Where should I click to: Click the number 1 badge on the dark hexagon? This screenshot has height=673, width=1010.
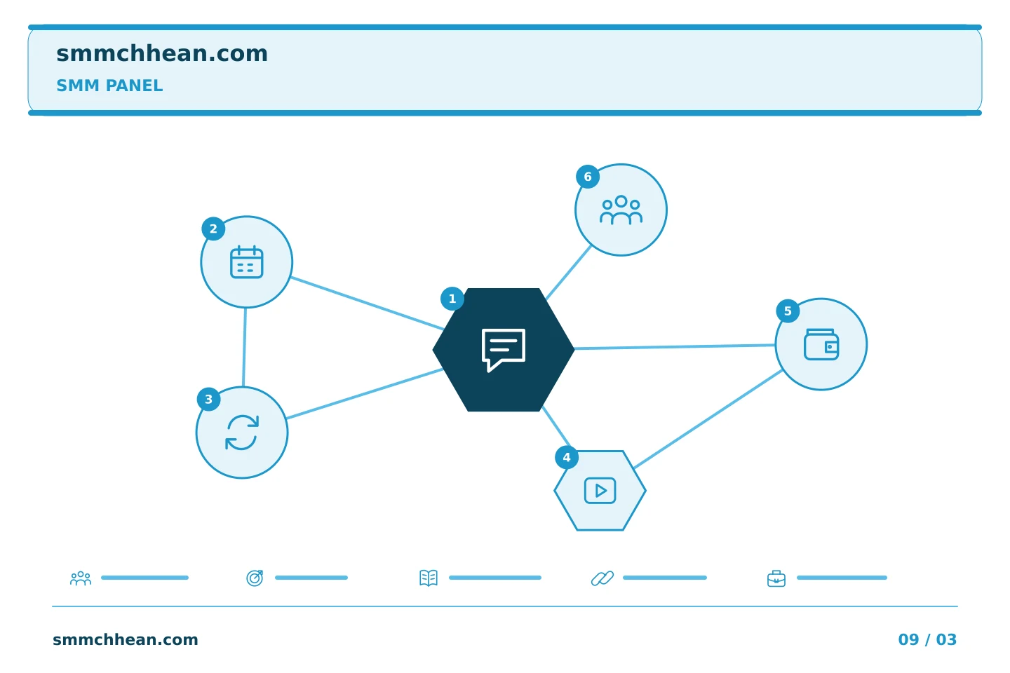click(x=452, y=299)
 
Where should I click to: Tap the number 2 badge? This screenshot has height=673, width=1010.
click(x=213, y=229)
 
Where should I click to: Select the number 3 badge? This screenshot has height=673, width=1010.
click(x=209, y=400)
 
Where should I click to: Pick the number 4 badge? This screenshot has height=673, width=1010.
click(x=567, y=458)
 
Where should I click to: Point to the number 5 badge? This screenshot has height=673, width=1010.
click(x=788, y=311)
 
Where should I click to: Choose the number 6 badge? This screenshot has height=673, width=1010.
click(x=588, y=177)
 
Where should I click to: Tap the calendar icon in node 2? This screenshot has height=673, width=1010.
click(x=247, y=262)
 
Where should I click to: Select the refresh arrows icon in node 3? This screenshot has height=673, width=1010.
click(x=242, y=433)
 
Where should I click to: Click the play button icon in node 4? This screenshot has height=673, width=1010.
click(x=600, y=491)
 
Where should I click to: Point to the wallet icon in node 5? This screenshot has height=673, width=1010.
click(x=821, y=344)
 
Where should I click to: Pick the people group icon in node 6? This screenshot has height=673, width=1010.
click(x=621, y=210)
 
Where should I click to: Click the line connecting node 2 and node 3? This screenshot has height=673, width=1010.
click(x=244, y=347)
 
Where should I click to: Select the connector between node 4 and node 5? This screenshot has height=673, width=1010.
click(x=708, y=419)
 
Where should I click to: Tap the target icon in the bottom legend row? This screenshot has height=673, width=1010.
click(x=255, y=578)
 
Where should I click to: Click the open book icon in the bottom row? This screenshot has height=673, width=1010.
click(x=429, y=578)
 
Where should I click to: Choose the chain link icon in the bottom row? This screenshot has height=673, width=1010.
click(x=602, y=578)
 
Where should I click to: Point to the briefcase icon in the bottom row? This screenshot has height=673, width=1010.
click(x=776, y=579)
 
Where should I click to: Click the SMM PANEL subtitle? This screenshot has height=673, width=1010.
click(x=109, y=86)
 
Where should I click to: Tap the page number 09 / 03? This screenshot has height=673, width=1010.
click(x=927, y=639)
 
